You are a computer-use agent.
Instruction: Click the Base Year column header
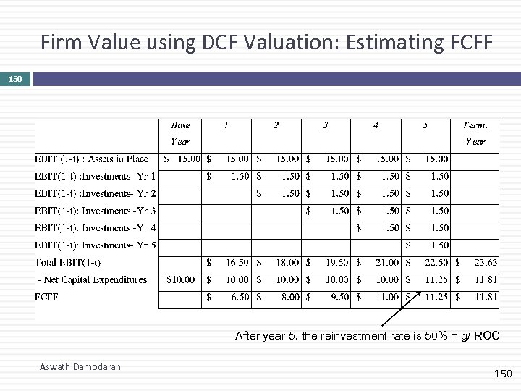[180, 133]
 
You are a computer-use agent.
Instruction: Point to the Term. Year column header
[475, 133]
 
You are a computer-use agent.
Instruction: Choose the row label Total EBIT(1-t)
[67, 262]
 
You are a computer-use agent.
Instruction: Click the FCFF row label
[46, 297]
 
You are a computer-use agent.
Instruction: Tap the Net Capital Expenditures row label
[92, 279]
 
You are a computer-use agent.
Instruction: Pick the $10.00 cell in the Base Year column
[181, 279]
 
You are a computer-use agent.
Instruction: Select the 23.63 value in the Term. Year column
[485, 262]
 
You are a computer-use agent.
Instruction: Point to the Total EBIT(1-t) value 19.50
[337, 262]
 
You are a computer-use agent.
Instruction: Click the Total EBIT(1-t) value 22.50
[436, 262]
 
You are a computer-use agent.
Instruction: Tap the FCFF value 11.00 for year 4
[387, 297]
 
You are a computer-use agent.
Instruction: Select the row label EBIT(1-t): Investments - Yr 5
[95, 245]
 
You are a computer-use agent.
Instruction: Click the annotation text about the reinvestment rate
[367, 335]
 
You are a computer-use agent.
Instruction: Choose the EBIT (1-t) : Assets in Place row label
[91, 159]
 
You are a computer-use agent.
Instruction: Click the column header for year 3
[326, 125]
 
